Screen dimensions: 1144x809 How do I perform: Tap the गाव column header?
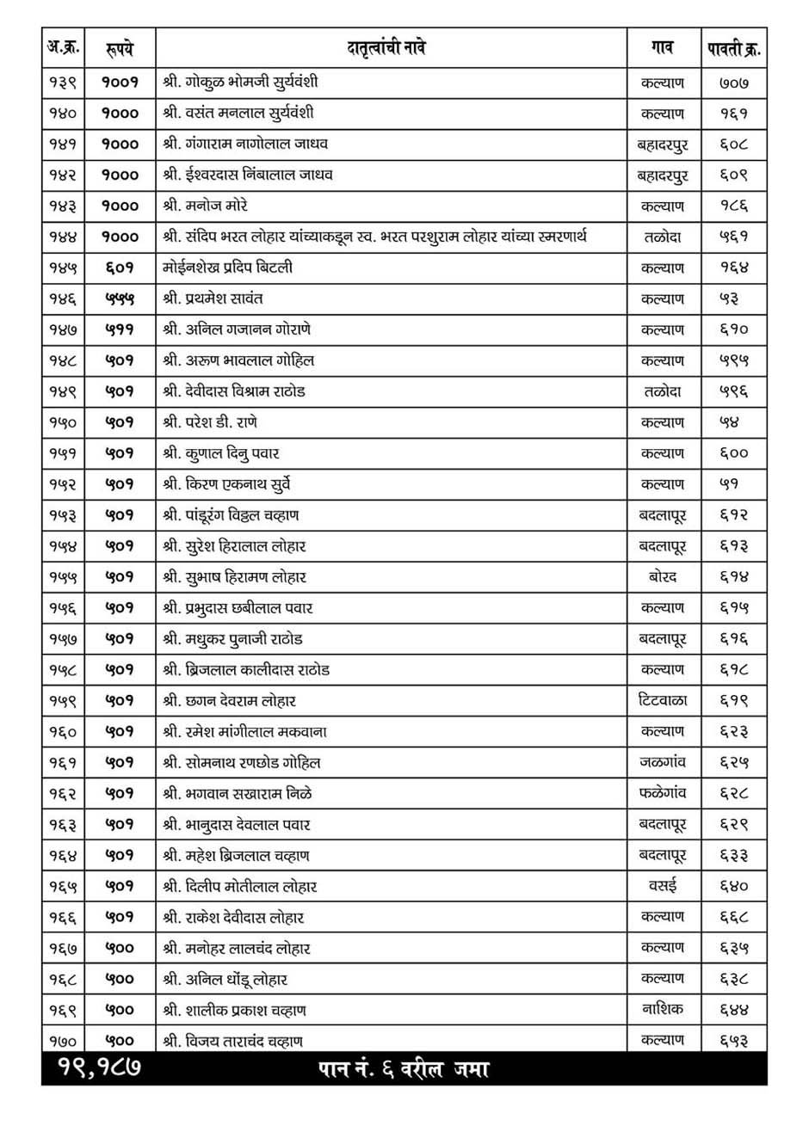(x=662, y=48)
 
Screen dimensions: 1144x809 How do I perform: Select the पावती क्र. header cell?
(x=734, y=48)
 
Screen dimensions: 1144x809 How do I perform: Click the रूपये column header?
(x=120, y=48)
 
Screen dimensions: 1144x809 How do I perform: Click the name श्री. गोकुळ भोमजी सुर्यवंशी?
(x=240, y=83)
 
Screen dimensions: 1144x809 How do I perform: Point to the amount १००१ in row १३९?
(x=120, y=83)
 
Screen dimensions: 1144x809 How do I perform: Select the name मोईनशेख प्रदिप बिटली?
(x=227, y=268)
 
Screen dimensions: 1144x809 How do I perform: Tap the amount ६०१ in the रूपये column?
(x=120, y=268)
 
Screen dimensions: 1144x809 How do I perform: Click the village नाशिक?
(x=662, y=1009)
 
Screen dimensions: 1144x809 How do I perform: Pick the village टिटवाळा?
(x=662, y=700)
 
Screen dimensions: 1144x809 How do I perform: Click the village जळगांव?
(x=662, y=762)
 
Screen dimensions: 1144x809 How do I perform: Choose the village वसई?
(x=662, y=885)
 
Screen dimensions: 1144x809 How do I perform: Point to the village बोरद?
(x=662, y=576)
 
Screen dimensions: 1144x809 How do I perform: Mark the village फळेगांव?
(x=662, y=793)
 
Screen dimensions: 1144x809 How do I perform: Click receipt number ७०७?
(x=734, y=83)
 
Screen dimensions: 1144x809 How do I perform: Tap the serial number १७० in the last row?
(x=62, y=1041)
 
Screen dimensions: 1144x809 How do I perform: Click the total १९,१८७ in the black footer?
(x=100, y=1068)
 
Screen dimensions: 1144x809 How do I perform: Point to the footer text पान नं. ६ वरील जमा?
(x=404, y=1069)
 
